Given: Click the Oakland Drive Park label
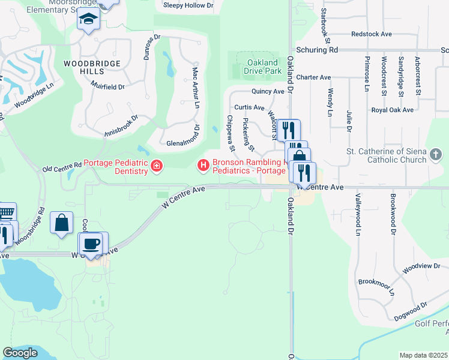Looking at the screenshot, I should (262, 67).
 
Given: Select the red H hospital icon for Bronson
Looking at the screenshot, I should (203, 164).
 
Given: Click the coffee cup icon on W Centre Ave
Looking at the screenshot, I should (91, 244).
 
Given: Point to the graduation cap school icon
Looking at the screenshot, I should (88, 20).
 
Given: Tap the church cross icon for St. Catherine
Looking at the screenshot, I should (436, 156).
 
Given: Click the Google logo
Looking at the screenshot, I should (20, 353).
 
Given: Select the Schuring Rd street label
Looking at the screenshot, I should (317, 50).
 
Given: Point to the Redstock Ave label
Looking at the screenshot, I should (370, 35).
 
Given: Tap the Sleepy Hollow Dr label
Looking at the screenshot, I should (188, 5).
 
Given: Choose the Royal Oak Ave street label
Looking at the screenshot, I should (392, 110).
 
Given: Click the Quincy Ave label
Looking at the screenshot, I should (268, 92).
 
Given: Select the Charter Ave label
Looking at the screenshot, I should (313, 77).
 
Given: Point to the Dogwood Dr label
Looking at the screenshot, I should (410, 312).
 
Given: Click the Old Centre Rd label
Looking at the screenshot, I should (62, 167).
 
